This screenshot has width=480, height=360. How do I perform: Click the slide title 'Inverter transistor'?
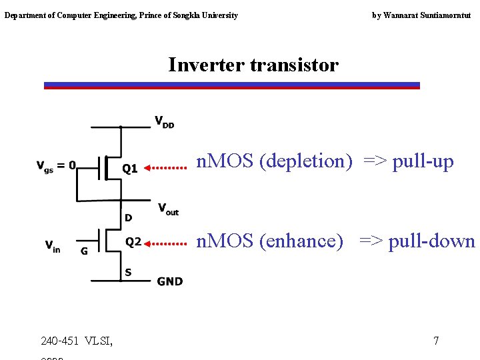pos(253,65)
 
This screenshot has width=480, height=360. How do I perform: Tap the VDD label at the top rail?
pos(164,122)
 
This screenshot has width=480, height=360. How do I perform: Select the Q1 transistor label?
pos(129,169)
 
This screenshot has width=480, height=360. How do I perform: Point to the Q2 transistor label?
pos(133,242)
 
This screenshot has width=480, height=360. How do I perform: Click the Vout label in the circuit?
pos(168,209)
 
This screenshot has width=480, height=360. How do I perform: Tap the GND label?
pos(169,281)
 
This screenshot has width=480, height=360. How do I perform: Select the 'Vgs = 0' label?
pos(56,165)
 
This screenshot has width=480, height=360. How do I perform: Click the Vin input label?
pos(53,246)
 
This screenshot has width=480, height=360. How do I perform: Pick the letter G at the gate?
pos(84,251)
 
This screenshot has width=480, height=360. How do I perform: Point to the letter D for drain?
pos(128,218)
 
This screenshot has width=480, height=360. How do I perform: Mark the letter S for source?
pos(128,272)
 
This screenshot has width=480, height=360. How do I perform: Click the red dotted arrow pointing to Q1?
pos(166,169)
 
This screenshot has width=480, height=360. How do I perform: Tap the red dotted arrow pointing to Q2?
pos(166,243)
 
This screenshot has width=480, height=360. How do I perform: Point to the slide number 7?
pos(436,341)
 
